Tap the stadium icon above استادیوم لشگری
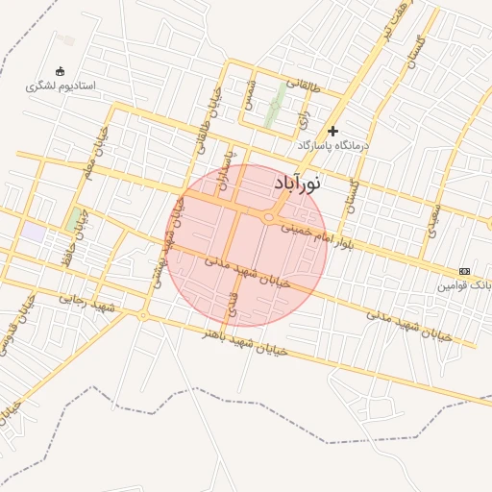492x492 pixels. (x=61, y=71)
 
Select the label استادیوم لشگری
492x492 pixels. (x=61, y=86)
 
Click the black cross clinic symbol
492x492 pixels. (x=333, y=131)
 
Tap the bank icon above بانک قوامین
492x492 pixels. (x=465, y=271)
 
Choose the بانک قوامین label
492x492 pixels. (x=465, y=285)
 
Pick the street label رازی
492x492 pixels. (x=304, y=118)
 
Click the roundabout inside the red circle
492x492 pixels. (x=268, y=218)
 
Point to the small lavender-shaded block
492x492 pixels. (x=35, y=232)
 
